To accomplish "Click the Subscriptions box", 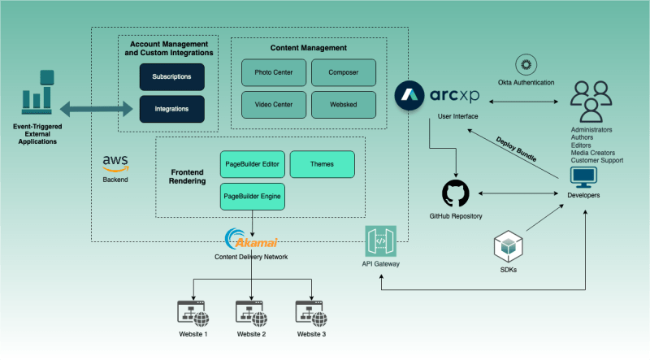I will point(171,77).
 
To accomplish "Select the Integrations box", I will point(171,109).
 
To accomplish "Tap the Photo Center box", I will point(273,72).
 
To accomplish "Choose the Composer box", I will point(344,72).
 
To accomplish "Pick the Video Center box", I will point(273,104).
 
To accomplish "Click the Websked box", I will point(344,104).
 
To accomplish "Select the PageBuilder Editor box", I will point(252,164).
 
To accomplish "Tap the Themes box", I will point(322,164).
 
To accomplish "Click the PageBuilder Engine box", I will point(252,196).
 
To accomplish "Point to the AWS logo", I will point(115,161).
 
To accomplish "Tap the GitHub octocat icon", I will point(456,194).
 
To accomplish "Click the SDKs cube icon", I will point(509,246).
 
